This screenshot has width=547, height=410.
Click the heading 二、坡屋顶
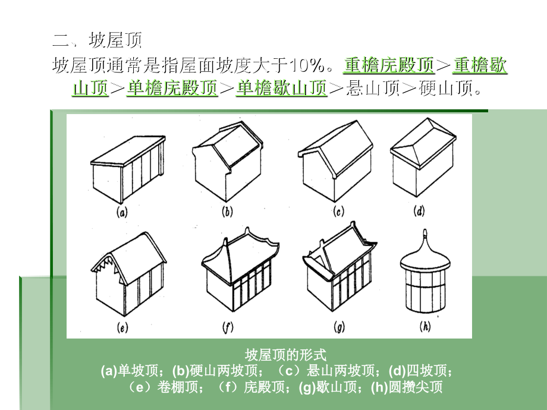98,40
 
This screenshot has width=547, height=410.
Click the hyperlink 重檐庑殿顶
389,65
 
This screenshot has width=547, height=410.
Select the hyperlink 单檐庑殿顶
172,88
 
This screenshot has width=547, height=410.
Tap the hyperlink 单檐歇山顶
281,88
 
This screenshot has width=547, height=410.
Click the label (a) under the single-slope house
122,212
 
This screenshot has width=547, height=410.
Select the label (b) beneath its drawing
227,212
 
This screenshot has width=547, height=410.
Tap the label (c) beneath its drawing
338,212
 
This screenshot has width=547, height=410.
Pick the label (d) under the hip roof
419,211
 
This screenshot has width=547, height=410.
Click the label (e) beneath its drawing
122,327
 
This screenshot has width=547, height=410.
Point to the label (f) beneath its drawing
228,327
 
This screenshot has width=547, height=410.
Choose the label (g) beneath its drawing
339,327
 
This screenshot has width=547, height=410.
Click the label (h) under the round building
425,326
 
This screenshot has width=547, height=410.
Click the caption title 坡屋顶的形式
285,355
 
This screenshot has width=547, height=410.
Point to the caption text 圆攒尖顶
416,387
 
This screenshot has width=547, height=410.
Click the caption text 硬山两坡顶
224,371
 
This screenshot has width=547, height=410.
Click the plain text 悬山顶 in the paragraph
373,88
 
